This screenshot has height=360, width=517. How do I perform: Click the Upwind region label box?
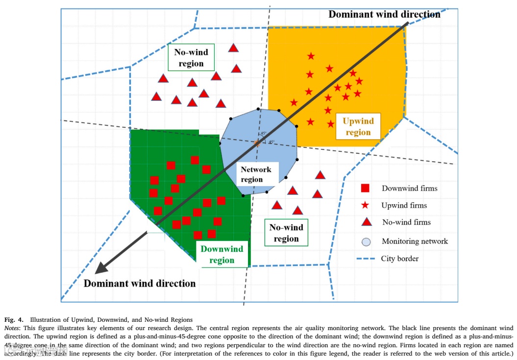(x=358, y=126)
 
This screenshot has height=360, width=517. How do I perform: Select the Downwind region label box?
(x=222, y=255)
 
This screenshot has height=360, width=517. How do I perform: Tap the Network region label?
(x=255, y=174)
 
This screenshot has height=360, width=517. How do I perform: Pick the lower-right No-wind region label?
(x=286, y=233)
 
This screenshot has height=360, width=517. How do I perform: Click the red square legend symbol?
(x=365, y=188)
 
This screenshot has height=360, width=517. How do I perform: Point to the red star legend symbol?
(x=365, y=205)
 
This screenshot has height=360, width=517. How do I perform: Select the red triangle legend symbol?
(x=365, y=222)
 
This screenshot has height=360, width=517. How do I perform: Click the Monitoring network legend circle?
(x=366, y=241)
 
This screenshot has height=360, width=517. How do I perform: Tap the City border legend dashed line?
(x=366, y=259)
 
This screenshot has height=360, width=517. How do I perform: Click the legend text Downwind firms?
(x=410, y=188)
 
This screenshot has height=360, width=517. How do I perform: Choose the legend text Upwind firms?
(x=404, y=205)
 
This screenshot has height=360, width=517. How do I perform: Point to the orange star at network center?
(x=257, y=143)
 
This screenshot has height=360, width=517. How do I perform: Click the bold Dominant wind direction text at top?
(x=384, y=14)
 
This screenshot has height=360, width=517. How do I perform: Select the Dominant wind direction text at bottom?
(x=140, y=283)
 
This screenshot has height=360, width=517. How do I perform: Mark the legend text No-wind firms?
(x=406, y=222)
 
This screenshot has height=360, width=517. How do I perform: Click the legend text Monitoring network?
(x=415, y=241)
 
